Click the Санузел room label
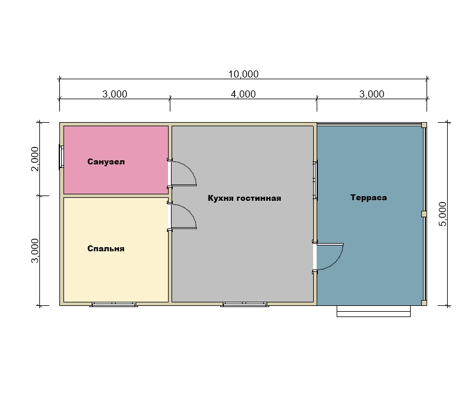106,162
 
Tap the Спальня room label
106,248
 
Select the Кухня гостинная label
244,198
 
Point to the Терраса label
368,198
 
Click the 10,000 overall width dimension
243,74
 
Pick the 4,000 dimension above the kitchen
243,94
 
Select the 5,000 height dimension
442,214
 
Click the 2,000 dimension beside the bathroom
35,159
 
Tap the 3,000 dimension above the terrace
372,94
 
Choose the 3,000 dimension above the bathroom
115,94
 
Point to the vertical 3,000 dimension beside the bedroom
35,251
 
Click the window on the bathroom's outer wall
61,157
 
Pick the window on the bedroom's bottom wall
113,305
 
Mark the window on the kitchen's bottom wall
244,305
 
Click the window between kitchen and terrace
315,180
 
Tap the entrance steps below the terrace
374,311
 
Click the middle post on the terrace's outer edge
424,214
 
